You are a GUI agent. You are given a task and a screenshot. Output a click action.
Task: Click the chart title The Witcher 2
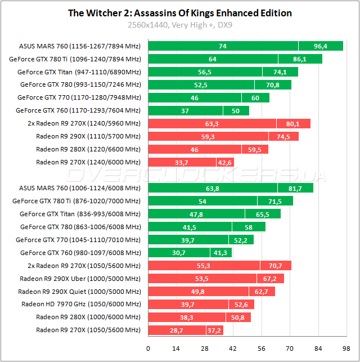click(179, 13)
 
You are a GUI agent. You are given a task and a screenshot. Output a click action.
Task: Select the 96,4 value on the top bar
click(321, 46)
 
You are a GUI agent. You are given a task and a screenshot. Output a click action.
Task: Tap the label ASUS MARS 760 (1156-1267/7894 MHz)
click(80, 46)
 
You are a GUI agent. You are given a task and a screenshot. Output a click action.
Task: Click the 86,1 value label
click(300, 59)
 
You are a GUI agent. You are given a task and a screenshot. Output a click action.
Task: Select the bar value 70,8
click(273, 85)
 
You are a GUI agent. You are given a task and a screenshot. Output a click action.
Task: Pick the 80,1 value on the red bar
click(292, 123)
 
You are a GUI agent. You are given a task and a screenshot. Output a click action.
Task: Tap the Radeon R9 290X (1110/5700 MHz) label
click(88, 136)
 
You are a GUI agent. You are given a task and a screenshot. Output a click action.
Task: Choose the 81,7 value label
click(295, 188)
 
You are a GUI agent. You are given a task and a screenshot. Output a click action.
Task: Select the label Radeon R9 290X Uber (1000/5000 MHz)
click(80, 278)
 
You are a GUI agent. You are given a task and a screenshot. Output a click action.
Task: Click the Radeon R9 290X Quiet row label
click(79, 291)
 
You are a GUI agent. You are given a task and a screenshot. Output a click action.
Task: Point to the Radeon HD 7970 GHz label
click(81, 304)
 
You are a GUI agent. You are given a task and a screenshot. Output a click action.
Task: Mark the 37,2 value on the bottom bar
click(214, 330)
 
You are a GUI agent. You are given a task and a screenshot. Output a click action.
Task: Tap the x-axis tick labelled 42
click(232, 348)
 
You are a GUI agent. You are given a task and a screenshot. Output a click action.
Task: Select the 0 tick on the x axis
click(148, 348)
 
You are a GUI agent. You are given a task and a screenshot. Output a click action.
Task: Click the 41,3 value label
click(220, 253)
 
